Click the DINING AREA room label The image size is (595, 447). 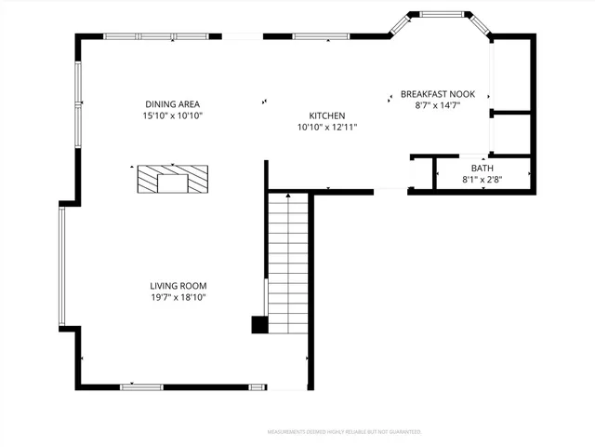(173, 104)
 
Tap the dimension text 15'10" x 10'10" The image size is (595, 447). (173, 116)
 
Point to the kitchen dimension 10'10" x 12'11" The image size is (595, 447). (327, 128)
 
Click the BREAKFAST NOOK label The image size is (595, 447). (438, 94)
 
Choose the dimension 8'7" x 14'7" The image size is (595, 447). (438, 106)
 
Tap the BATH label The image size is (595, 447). (482, 168)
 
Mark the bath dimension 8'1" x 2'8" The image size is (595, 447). (482, 179)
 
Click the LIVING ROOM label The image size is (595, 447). (178, 286)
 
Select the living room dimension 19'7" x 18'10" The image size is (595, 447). (178, 298)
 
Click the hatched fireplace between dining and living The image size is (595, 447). (173, 179)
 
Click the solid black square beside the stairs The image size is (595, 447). (259, 325)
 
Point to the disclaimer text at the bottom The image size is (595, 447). (344, 432)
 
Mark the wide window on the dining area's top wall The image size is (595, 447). (155, 36)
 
